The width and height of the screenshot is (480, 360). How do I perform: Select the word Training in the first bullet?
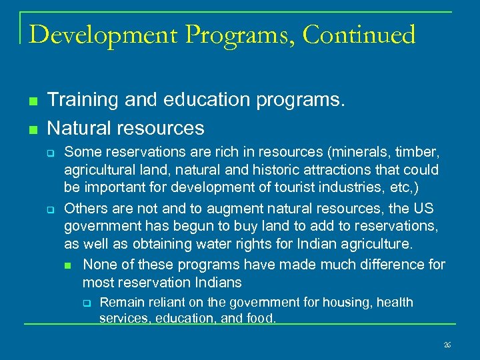(x=84, y=100)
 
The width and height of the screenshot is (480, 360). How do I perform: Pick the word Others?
(x=85, y=209)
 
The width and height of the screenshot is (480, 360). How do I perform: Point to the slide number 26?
(x=447, y=345)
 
